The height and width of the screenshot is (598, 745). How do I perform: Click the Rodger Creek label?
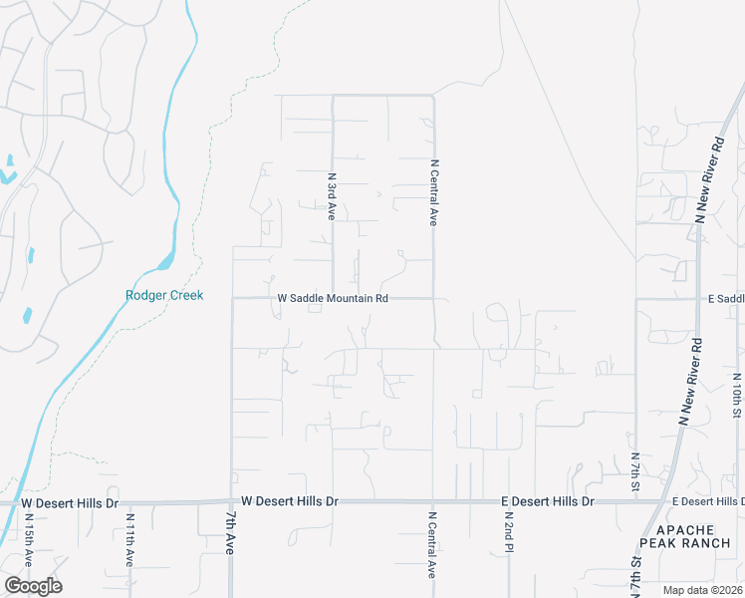click(x=164, y=295)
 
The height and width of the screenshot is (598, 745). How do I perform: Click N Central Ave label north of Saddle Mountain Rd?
click(x=434, y=191)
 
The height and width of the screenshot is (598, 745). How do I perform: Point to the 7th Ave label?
click(x=230, y=533)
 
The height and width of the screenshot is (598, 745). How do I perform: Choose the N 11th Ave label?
click(x=129, y=540)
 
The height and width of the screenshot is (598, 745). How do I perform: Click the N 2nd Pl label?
click(x=508, y=537)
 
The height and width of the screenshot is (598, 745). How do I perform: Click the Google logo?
click(x=33, y=586)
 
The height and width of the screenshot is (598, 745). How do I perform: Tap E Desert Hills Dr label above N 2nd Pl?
click(x=547, y=501)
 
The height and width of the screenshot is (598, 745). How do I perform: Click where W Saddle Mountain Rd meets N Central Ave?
click(x=433, y=297)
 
